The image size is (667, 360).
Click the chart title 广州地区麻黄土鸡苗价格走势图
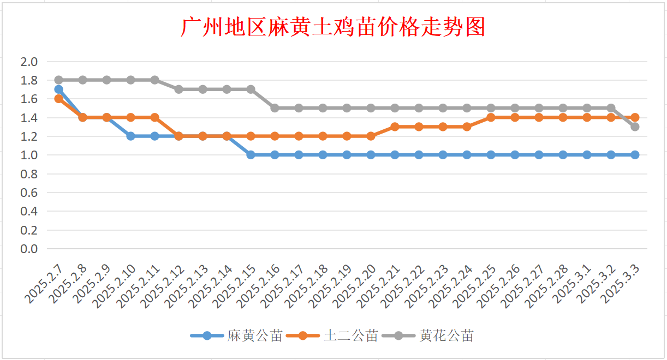point(333,27)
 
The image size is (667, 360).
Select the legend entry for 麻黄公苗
point(255,335)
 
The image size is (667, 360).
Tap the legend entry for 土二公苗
point(351,335)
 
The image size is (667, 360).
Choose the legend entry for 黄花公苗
point(446,335)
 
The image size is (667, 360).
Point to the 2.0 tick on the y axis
point(29,62)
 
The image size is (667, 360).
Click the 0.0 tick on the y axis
point(29,249)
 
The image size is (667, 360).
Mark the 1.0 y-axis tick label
point(29,155)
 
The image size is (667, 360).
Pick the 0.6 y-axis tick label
point(29,193)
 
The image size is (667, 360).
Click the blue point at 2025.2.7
point(58,89)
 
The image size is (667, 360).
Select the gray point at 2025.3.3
point(635,127)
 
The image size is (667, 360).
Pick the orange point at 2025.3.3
point(635,117)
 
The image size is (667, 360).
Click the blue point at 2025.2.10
point(130,136)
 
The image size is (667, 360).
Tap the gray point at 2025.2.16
point(275,108)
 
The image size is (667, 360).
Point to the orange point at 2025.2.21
point(395,127)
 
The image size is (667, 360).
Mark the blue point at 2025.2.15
point(251,155)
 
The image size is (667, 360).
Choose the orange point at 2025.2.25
point(491,117)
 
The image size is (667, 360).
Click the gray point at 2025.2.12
point(178,89)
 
